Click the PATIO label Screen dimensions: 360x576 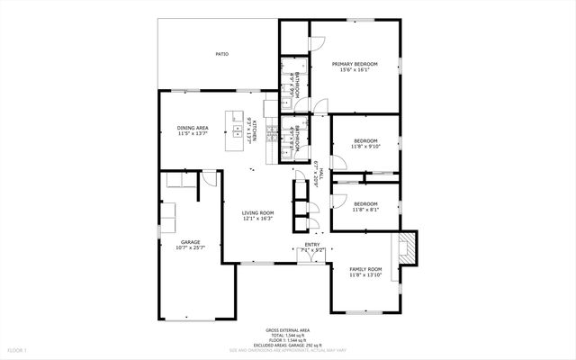coord(221,54)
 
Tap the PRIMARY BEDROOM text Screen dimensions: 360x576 coord(355,64)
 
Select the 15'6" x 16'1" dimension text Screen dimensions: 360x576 coord(355,70)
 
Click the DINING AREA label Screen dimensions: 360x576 coord(193,128)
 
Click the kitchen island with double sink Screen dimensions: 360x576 coord(245,131)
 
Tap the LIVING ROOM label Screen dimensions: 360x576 coord(257,212)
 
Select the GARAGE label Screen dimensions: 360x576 coord(190,241)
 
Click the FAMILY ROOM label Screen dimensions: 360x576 coord(365,269)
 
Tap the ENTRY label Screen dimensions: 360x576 coord(312,244)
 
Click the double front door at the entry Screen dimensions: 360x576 coord(309,256)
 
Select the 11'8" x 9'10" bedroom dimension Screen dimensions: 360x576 coord(365,146)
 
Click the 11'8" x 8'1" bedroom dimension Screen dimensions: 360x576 coord(365,209)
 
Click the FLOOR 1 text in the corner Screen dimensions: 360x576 coord(18,349)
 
